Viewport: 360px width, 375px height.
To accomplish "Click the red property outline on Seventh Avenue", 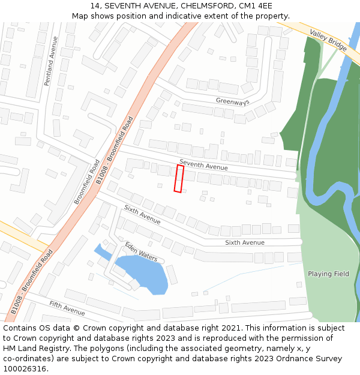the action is [179, 179].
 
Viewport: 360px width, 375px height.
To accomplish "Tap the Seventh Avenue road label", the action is [203, 164].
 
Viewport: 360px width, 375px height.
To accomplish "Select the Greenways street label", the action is [232, 102].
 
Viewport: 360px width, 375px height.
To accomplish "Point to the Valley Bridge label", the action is [329, 40].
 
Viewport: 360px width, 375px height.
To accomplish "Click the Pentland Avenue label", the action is [52, 61].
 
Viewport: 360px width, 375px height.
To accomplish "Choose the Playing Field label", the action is [328, 274].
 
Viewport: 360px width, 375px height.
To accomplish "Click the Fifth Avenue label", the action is [67, 308].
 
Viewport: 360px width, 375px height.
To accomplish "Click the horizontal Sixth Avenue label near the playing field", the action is [244, 242].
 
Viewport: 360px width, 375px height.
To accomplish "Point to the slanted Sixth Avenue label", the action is [142, 214].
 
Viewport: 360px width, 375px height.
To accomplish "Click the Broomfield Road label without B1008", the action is [86, 182].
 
